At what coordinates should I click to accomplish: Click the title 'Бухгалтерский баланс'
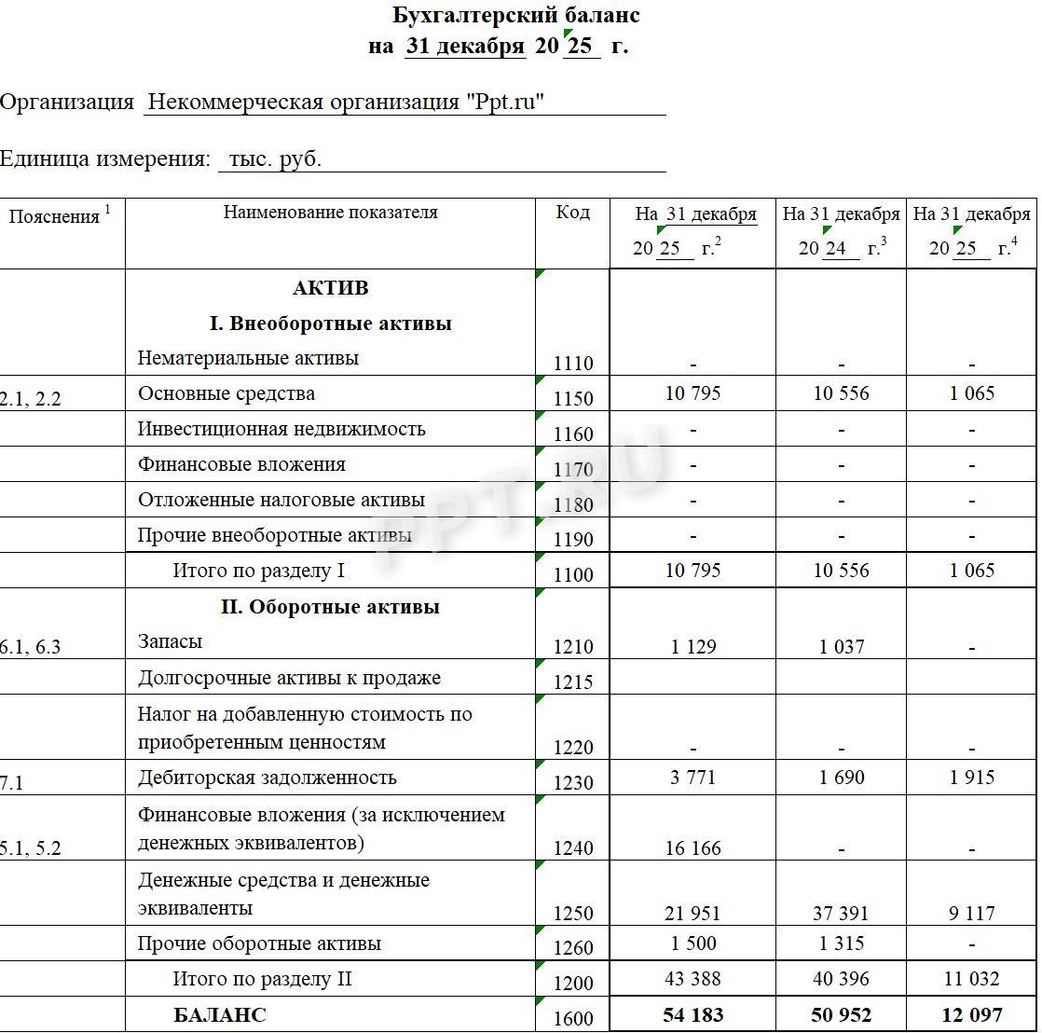515,16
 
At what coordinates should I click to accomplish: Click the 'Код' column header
572,213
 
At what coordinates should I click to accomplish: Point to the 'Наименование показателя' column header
330,213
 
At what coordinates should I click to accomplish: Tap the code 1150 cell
572,398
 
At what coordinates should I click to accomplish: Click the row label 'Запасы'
170,641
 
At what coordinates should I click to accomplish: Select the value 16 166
693,847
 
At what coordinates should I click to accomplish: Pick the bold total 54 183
693,1014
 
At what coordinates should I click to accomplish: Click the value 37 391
842,914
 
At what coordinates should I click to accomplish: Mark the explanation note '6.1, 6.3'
30,647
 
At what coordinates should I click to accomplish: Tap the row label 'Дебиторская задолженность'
267,778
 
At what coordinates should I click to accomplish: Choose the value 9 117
971,914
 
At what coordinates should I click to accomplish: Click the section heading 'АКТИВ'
330,287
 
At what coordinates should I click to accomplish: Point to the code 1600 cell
572,1018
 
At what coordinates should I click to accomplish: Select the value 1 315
842,943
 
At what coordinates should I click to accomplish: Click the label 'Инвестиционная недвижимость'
281,429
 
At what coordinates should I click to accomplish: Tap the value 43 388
693,979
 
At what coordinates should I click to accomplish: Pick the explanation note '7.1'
12,783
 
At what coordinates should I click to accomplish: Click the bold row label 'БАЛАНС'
219,1015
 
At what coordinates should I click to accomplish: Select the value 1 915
971,778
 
